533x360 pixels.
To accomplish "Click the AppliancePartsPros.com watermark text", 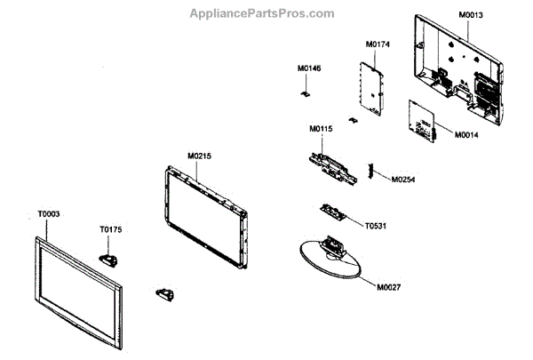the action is click(262, 13).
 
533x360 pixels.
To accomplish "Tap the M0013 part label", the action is click(472, 16).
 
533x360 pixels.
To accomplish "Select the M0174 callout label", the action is click(378, 44).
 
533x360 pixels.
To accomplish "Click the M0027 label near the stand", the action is click(389, 286).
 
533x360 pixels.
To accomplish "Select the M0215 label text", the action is click(199, 156).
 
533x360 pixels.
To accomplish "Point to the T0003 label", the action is click(49, 214).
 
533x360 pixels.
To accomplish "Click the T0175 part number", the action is click(111, 229).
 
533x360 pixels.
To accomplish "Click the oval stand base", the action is click(330, 263).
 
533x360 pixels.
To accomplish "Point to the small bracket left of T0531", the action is click(332, 213).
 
